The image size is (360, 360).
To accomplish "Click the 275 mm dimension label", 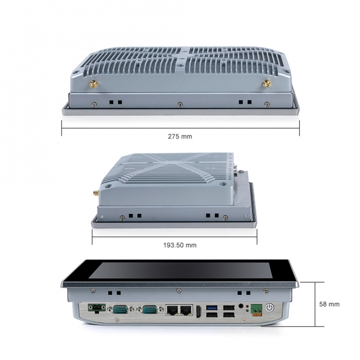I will (179, 136).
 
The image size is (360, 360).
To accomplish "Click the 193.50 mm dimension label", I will (179, 245).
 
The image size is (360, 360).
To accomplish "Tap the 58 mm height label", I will (329, 304).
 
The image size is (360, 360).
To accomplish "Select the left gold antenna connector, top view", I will (93, 84).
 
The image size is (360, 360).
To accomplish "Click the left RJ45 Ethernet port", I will (171, 309).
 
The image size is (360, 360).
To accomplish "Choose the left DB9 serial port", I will (118, 309).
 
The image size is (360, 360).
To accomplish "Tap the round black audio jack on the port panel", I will (241, 306).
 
